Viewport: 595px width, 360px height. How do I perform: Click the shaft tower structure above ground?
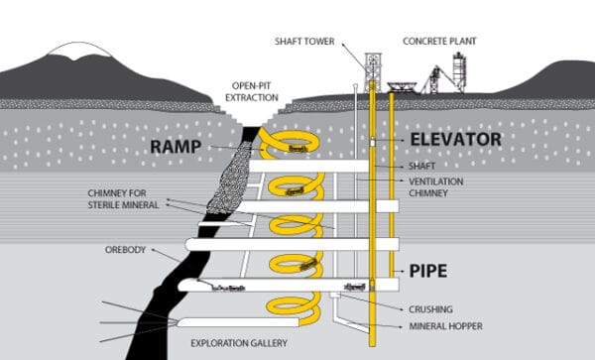point(373,69)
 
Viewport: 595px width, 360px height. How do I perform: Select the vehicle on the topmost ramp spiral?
point(295,148)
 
